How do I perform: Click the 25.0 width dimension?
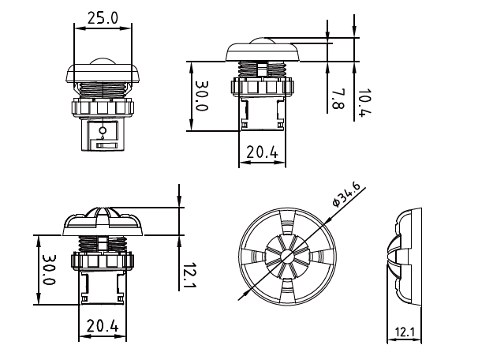(x=103, y=17)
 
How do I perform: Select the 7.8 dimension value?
(x=338, y=99)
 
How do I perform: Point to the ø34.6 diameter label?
(x=347, y=194)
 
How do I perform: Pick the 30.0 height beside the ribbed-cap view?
(x=47, y=269)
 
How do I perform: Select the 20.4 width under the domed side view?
(x=260, y=152)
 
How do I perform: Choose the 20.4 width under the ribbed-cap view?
(x=102, y=324)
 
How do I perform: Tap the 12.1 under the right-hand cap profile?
(x=404, y=332)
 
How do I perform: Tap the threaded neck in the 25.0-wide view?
(x=103, y=90)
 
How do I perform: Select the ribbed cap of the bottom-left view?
(x=102, y=221)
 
